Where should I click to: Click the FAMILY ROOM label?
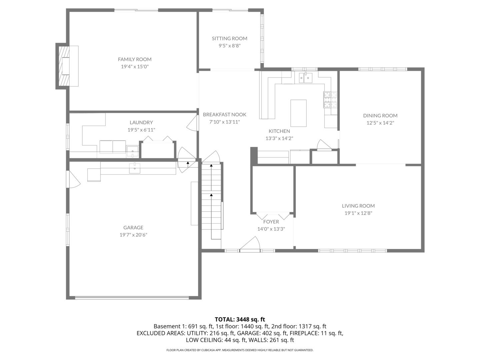tap(135, 59)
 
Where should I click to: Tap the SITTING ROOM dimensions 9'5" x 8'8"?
tap(229, 46)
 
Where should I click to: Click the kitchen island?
tap(298, 113)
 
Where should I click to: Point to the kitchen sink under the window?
tap(305, 78)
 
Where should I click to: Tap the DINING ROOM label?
tap(380, 116)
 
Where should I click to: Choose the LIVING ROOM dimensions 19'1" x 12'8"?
tap(358, 213)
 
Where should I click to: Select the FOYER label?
tap(271, 222)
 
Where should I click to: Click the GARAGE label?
tap(133, 228)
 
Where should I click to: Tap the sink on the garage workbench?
tap(135, 168)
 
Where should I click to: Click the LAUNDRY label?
tap(141, 122)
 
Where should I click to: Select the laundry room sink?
tap(132, 151)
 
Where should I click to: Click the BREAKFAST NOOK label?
tap(224, 115)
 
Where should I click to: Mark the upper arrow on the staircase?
tap(211, 165)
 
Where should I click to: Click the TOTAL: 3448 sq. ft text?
tap(240, 319)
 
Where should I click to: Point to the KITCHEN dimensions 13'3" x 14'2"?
tap(279, 138)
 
